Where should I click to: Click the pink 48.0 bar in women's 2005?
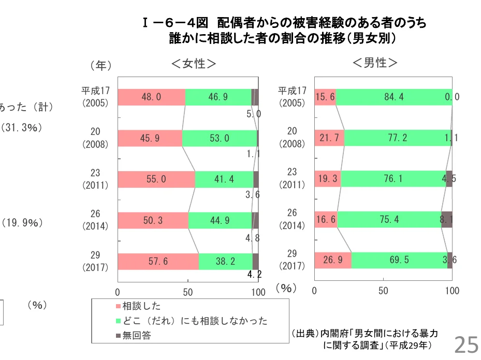click(x=151, y=97)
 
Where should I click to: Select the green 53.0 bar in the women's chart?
click(x=220, y=138)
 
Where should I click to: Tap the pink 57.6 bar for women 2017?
click(x=158, y=261)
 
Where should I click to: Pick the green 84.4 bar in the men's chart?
click(x=393, y=97)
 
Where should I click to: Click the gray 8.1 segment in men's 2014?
click(x=447, y=220)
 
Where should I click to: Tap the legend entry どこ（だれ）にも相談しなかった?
click(x=195, y=321)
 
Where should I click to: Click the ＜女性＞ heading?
click(x=194, y=64)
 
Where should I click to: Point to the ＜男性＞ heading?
click(x=375, y=63)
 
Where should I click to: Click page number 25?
click(x=466, y=344)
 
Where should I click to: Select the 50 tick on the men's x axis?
click(x=383, y=291)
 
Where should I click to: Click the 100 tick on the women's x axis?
click(x=258, y=292)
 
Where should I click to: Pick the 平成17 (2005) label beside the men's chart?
click(x=293, y=96)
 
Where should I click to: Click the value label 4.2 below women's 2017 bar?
click(x=254, y=275)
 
